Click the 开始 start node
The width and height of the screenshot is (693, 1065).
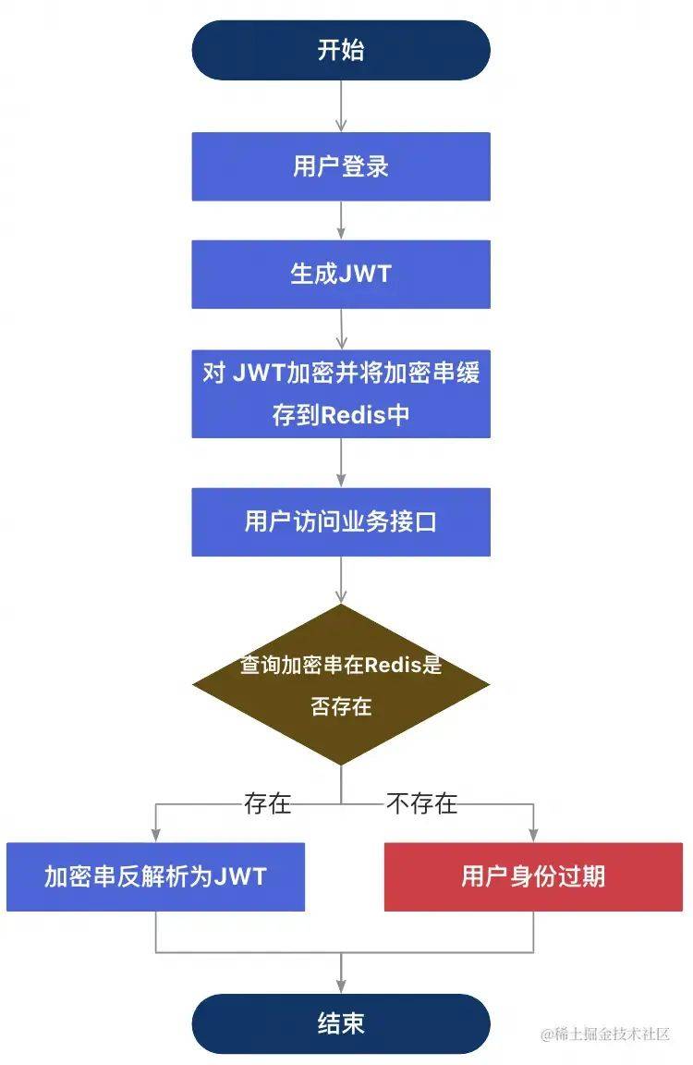coord(341,50)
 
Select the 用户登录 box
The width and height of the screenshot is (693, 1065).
coord(341,166)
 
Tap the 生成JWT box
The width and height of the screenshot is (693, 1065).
coord(341,275)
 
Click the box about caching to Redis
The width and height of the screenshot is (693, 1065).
coord(341,394)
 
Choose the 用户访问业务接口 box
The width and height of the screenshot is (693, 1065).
coord(341,521)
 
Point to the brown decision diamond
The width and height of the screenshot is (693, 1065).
coord(341,685)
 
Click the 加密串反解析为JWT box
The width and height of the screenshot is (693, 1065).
coord(155,876)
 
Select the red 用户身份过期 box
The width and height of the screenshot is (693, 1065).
coord(533,876)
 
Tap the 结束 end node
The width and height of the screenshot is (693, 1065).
coord(341,1023)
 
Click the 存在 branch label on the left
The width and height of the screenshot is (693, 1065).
coord(267,803)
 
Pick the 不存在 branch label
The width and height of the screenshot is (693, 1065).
coord(421,803)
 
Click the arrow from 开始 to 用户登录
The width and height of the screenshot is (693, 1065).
coord(341,106)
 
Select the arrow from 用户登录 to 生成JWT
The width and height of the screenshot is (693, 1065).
coord(341,220)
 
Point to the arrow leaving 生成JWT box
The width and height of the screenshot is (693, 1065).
coord(341,329)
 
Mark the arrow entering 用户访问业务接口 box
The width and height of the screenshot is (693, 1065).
coord(341,462)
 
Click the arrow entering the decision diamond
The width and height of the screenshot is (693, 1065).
coord(341,580)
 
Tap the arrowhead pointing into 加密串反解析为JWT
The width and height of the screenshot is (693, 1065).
coord(156,836)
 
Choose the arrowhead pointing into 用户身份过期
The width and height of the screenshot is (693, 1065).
coord(533,836)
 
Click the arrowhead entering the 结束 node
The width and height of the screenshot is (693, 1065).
coord(341,986)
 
